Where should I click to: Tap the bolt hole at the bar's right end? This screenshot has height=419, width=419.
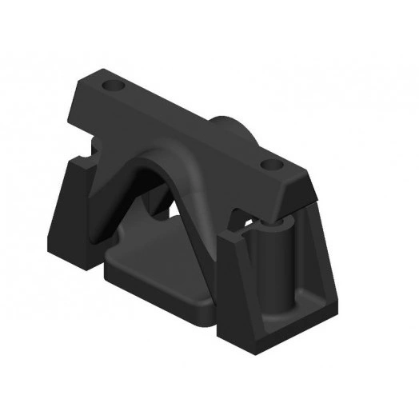pyautogui.click(x=272, y=165)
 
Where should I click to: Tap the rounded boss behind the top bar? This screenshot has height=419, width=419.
pyautogui.click(x=232, y=128)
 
